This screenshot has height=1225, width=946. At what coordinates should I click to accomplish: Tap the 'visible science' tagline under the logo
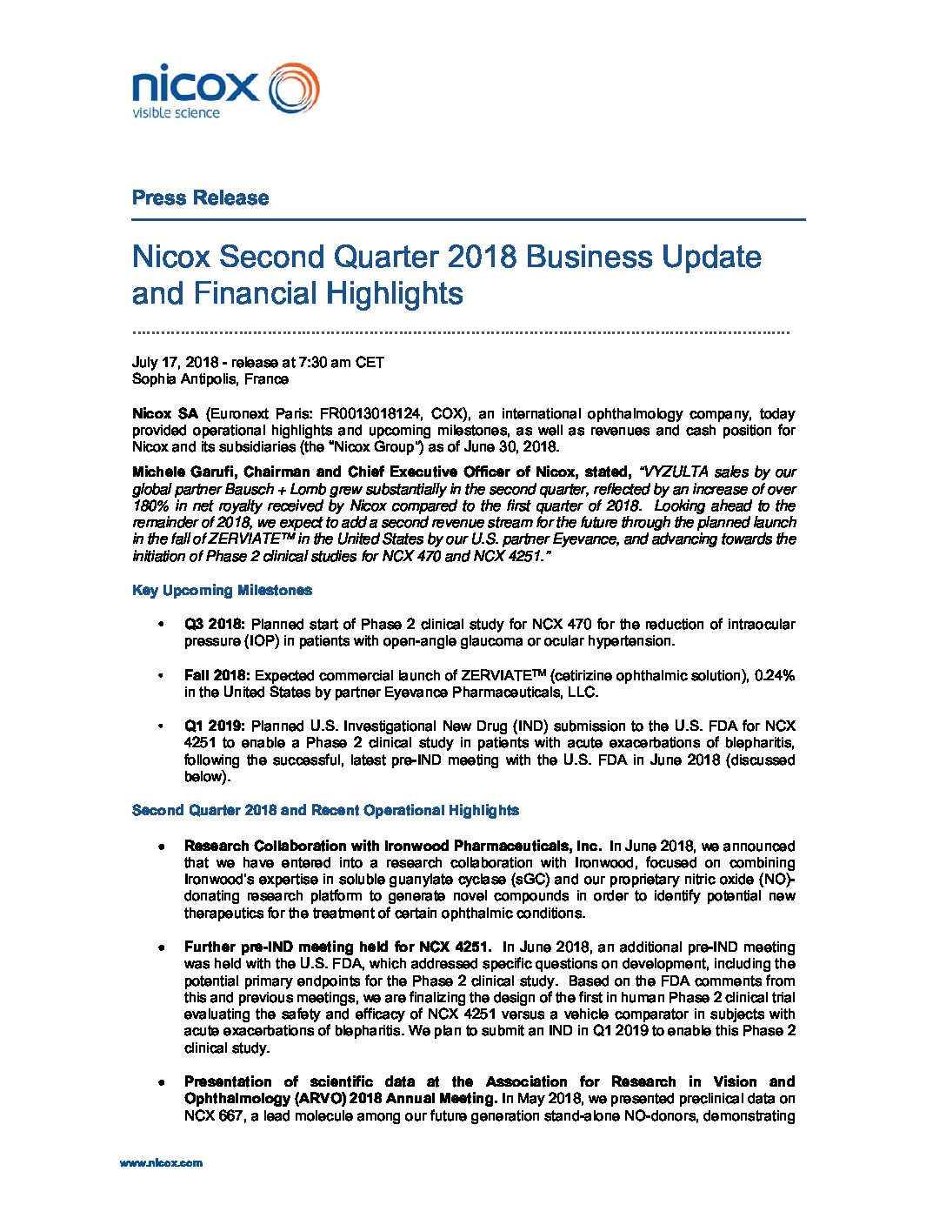pos(176,113)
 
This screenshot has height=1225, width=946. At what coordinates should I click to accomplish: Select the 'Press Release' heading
pos(200,197)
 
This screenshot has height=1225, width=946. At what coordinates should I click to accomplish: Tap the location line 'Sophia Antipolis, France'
pos(210,378)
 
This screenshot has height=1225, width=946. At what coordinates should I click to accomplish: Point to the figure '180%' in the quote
pos(150,505)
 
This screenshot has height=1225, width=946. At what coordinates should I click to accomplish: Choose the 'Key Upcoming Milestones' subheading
pos(222,590)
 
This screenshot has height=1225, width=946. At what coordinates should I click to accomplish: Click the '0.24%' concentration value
pos(774,675)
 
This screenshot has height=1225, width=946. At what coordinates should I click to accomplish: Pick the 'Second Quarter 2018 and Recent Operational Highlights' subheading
pos(325,810)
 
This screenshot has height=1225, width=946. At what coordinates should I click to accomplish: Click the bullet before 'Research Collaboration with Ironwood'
pos(162,846)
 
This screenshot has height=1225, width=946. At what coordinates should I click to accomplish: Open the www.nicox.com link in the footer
pos(161,1162)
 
